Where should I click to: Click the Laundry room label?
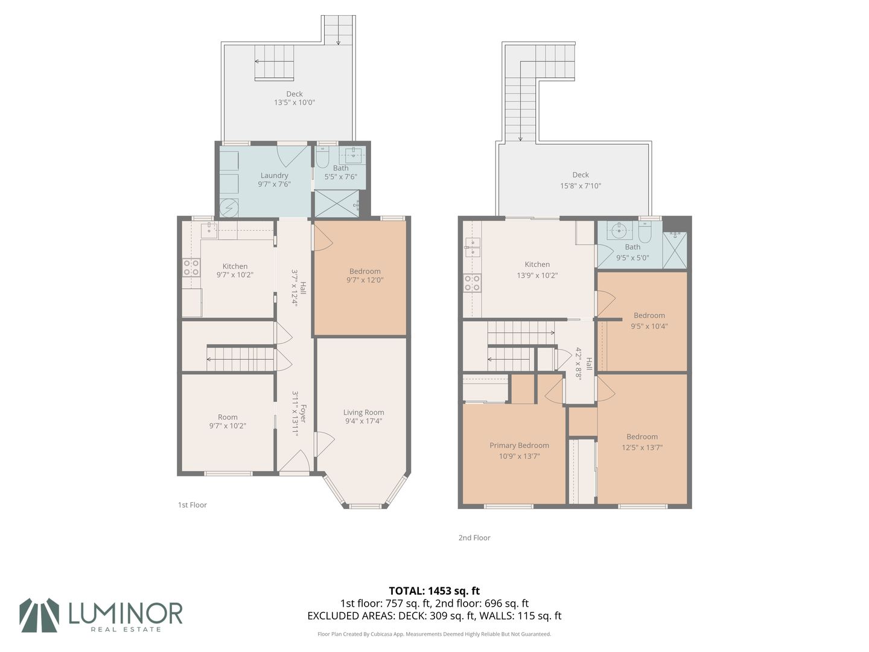tap(274, 175)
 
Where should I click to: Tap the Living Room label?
tap(363, 412)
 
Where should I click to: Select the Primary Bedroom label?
tap(519, 446)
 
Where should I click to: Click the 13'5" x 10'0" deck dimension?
tap(294, 103)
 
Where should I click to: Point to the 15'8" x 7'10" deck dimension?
tap(581, 186)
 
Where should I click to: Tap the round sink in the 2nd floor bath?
tap(619, 229)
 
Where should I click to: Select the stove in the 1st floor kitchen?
tap(191, 267)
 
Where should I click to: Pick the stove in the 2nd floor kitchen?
tap(473, 283)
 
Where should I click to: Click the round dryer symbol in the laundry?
tap(229, 208)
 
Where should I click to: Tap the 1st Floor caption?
tap(193, 505)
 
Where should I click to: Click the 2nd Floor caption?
tap(474, 537)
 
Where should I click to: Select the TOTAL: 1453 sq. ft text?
tap(434, 591)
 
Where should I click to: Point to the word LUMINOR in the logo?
tap(126, 613)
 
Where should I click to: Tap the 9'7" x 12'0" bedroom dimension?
tap(364, 280)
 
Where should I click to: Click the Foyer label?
tap(304, 414)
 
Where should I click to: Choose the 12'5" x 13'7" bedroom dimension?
tap(641, 447)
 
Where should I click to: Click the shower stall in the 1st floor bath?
tap(337, 203)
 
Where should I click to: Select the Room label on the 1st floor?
tap(228, 417)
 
